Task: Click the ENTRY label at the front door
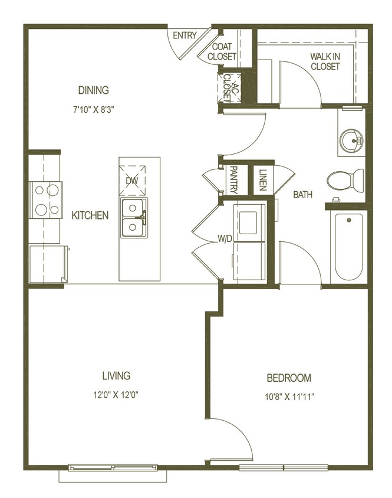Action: coord(185,36)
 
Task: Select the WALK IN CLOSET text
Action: coord(325,61)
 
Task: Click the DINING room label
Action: coord(94,90)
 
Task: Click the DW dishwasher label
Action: coord(131,182)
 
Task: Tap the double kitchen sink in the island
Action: coord(134,218)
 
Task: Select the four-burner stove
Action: coord(46,200)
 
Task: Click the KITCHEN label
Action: coord(90,215)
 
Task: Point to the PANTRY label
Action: coord(233,179)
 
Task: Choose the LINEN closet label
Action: coord(262,179)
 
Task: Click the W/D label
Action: coord(225,239)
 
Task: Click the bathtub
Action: coord(348,247)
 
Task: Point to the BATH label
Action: coord(302,194)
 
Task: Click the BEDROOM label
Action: coord(289,378)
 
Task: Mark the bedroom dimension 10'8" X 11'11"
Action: coord(289,397)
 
